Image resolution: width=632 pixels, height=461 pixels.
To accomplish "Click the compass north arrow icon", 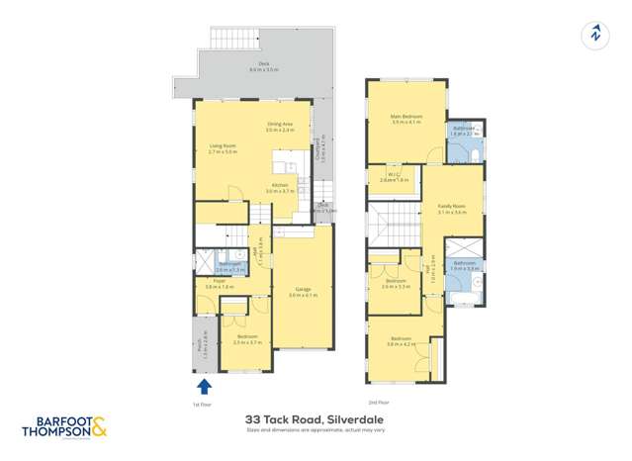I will coord(594,34).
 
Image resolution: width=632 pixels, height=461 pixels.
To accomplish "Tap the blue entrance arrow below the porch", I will coord(205,385).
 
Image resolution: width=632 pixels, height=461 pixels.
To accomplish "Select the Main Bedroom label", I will coord(406,117).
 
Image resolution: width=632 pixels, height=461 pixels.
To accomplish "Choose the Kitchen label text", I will coord(281,185).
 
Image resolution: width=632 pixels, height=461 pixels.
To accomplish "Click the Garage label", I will coord(302,291).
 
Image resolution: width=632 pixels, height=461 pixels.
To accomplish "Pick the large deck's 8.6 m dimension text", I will coord(261,70).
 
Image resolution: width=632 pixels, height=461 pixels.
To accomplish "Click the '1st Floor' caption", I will coord(203,404).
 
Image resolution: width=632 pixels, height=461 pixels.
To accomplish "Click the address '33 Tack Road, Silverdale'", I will coord(316,419).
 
